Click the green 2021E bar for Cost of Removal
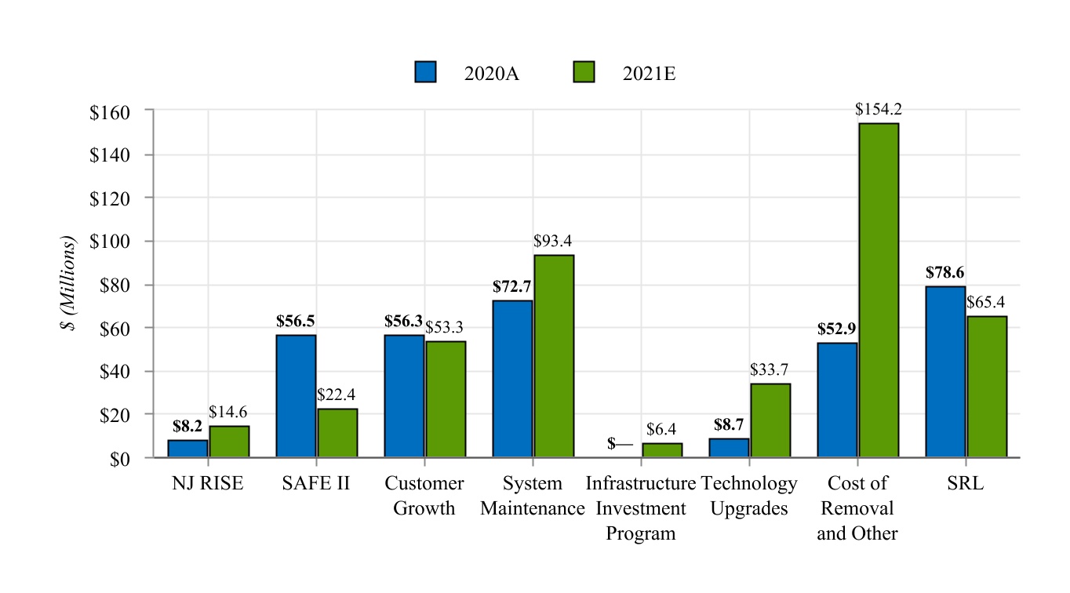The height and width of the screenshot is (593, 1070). coord(878,289)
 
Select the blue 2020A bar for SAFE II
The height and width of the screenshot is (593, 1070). coord(296,395)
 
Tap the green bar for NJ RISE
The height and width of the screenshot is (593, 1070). coord(229,441)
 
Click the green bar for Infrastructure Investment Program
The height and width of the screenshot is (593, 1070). coord(662,449)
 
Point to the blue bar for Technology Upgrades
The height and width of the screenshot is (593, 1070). coord(729,447)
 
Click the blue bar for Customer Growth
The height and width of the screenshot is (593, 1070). coord(404,395)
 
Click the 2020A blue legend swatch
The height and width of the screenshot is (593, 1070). coord(425,72)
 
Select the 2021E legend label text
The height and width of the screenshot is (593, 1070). coord(649,74)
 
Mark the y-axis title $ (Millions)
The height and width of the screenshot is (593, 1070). coord(71,283)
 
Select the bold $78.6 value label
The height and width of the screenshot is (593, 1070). coord(944,273)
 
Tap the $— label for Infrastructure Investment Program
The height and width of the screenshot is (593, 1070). coord(620,444)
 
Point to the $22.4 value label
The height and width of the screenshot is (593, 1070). coord(337,395)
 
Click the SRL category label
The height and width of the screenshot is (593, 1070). coord(965,483)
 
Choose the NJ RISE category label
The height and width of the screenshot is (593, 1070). coord(208,483)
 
